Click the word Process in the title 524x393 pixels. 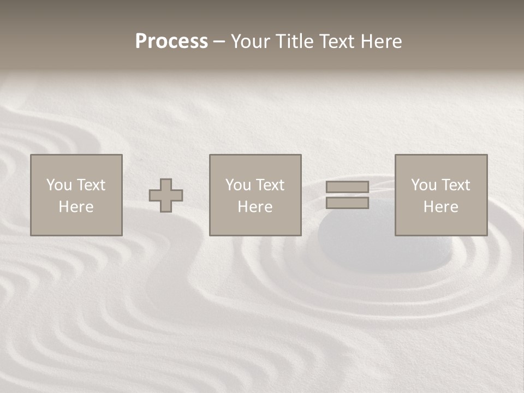point(171,41)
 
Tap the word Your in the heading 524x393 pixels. point(251,41)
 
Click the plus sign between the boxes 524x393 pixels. point(166,195)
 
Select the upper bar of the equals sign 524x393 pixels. point(347,187)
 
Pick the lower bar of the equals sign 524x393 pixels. point(347,203)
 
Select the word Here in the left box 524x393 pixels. point(76,207)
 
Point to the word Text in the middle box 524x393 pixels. point(270,185)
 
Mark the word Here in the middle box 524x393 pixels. point(255,207)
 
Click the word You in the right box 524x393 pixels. point(424,185)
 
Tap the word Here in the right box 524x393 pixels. point(441,207)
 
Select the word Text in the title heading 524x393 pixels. point(334,41)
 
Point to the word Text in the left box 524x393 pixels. point(91,185)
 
